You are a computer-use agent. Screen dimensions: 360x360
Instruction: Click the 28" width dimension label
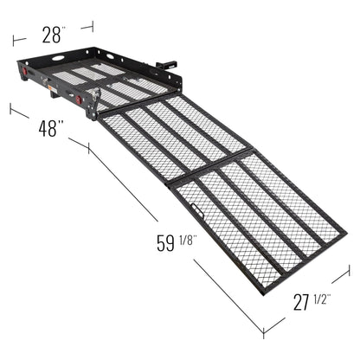tap(52, 35)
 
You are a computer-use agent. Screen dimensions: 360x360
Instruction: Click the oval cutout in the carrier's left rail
tap(57, 60)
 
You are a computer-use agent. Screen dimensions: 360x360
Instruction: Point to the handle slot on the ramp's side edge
tap(192, 214)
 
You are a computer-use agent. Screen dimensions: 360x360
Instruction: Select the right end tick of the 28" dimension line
tap(91, 27)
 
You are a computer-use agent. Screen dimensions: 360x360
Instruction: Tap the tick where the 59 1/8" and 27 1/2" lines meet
tap(265, 331)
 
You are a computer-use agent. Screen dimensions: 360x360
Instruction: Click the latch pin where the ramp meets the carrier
tap(97, 93)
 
